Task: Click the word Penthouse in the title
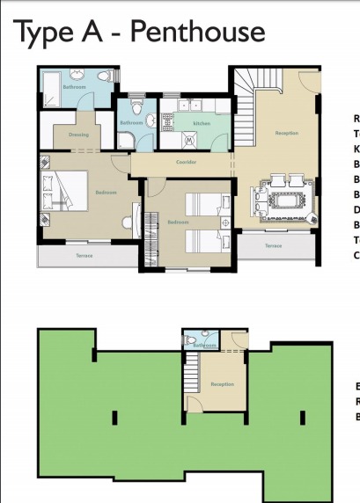pos(199,32)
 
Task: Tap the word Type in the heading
pos(46,33)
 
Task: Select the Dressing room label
pos(78,135)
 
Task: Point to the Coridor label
pos(186,162)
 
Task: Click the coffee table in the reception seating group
pos(283,201)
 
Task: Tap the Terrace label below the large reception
pos(274,245)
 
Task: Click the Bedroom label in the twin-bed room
pos(179,222)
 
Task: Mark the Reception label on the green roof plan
pos(222,384)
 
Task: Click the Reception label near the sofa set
pos(287,133)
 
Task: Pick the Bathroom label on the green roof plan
pos(204,346)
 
